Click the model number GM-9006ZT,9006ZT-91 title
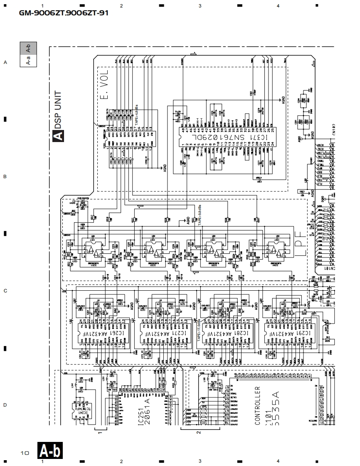[64, 13]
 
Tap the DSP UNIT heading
[58, 110]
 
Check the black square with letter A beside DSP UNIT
[58, 135]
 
